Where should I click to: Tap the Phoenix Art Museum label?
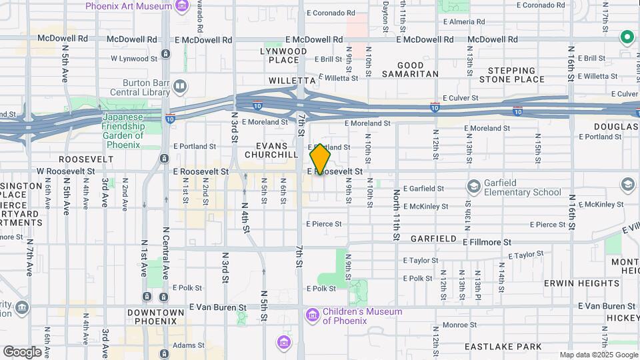128,6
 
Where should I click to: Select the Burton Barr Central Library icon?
180,85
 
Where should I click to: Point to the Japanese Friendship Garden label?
123,126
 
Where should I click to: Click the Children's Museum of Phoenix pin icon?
311,314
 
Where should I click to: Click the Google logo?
22,352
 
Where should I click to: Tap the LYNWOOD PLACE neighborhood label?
283,55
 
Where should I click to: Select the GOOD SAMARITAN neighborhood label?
409,69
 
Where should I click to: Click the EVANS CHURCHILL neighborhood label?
271,150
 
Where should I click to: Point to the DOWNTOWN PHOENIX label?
155,317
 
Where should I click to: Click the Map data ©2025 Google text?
598,355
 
